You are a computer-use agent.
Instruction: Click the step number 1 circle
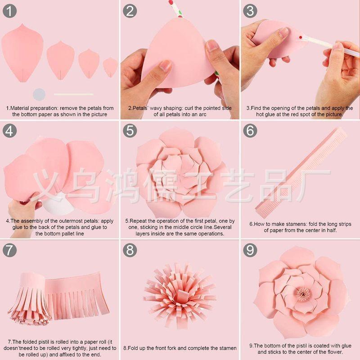point(9,11)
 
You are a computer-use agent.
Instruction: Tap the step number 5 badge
point(130,130)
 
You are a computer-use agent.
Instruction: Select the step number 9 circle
point(250,250)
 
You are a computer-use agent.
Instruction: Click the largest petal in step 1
point(22,53)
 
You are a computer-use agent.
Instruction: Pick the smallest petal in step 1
point(110,67)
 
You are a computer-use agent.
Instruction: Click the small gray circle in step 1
point(39,94)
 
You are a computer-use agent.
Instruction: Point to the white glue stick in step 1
point(73,94)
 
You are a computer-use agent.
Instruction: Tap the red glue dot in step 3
point(301,37)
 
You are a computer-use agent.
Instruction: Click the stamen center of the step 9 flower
point(303,294)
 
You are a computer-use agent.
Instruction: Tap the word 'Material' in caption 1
point(20,108)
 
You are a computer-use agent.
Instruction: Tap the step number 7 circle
point(9,250)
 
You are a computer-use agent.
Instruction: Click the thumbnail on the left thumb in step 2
point(165,66)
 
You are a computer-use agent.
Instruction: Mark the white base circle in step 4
point(58,204)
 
